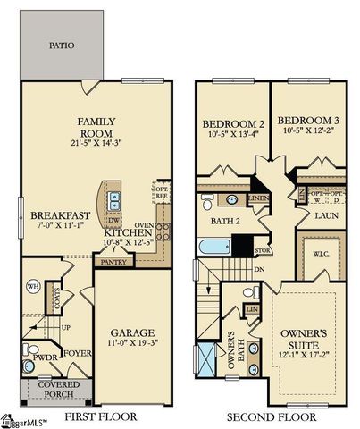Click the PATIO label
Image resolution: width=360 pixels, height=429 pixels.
coord(62,45)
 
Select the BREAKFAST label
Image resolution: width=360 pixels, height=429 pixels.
coord(60,215)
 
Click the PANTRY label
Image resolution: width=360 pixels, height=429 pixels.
coord(113,262)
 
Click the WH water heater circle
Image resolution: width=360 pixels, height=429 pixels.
coord(33,287)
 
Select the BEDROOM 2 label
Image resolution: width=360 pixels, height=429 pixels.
coord(231,124)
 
